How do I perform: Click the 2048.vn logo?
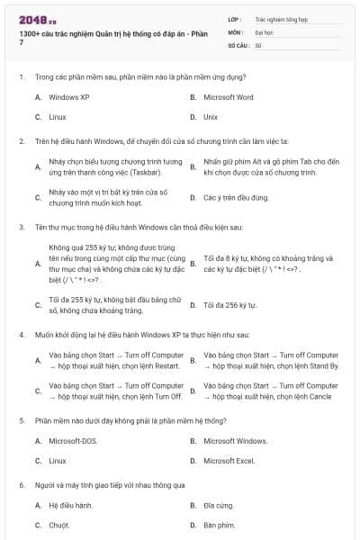(32, 19)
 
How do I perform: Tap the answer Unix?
(211, 117)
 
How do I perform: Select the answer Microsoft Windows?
(235, 441)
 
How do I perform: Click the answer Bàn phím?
(219, 525)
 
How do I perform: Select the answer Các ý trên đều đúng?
(236, 197)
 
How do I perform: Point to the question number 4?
(21, 334)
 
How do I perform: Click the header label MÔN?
(235, 31)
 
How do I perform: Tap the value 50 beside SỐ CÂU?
(258, 44)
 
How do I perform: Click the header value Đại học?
(264, 31)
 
